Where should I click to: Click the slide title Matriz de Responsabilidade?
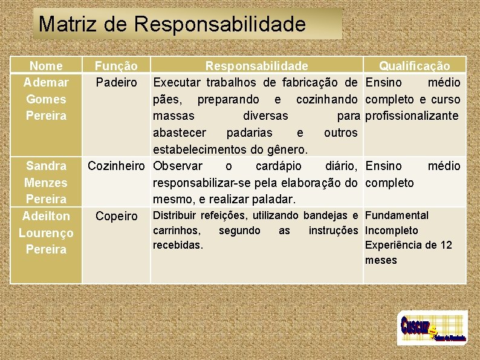172,24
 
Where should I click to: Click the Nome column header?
46,66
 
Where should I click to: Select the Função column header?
116,66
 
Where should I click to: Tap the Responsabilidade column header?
256,66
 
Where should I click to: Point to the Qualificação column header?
414,66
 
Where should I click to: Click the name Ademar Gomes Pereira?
46,99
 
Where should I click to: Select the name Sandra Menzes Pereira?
46,182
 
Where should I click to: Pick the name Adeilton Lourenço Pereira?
46,232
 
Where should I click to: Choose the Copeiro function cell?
116,216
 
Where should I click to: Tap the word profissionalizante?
413,116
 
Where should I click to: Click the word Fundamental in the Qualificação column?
397,215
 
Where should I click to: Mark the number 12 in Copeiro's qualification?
446,245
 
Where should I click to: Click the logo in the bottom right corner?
432,328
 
